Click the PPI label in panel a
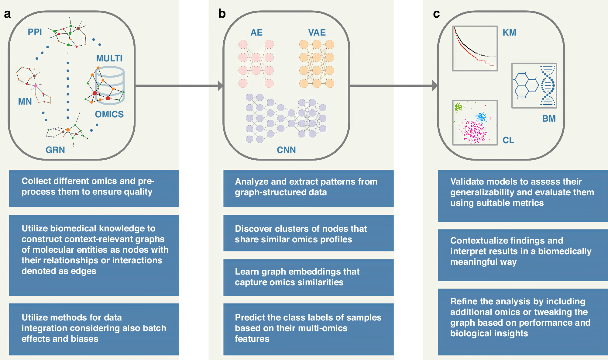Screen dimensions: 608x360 pyautogui.click(x=35, y=32)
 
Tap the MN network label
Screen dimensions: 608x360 pyautogui.click(x=25, y=102)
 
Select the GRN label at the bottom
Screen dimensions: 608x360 pyautogui.click(x=55, y=150)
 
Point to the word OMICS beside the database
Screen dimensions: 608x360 pyautogui.click(x=109, y=114)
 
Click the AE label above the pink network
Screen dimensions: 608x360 pyautogui.click(x=256, y=33)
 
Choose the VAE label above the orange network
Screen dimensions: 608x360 pyautogui.click(x=317, y=33)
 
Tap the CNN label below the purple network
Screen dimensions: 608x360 pyautogui.click(x=286, y=150)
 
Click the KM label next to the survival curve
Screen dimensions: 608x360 pyautogui.click(x=510, y=33)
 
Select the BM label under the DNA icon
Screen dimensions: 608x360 pyautogui.click(x=549, y=119)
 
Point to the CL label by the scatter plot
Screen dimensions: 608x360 pyautogui.click(x=508, y=140)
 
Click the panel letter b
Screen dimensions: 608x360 pyautogui.click(x=222, y=14)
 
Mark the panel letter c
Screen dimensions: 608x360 pyautogui.click(x=436, y=14)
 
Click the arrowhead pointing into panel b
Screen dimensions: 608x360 pyautogui.click(x=221, y=86)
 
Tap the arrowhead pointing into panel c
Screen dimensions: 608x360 pyautogui.click(x=435, y=86)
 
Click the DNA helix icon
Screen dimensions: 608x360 pyautogui.click(x=548, y=86)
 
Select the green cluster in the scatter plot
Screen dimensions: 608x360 pyautogui.click(x=459, y=107)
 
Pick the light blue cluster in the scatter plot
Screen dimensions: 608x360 pyautogui.click(x=481, y=116)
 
